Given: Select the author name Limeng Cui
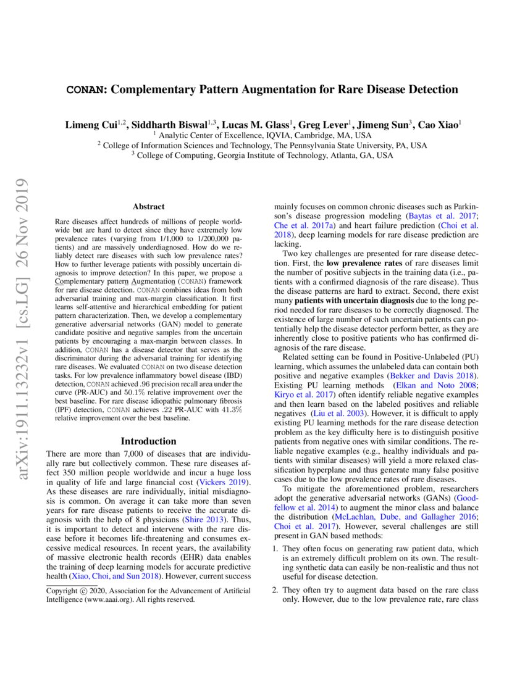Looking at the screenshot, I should point(91,125).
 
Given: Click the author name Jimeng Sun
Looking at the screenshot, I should point(386,125).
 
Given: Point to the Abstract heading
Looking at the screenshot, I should point(148,207).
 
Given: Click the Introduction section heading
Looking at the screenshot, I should point(148,441).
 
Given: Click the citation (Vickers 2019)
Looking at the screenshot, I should point(222,481).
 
